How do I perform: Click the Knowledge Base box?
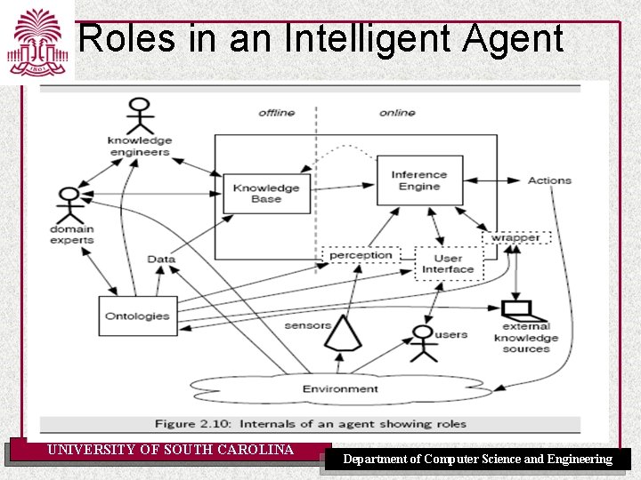pyautogui.click(x=266, y=193)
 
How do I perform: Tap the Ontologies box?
pyautogui.click(x=137, y=316)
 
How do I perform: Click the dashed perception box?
pyautogui.click(x=361, y=256)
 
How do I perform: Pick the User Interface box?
pyautogui.click(x=448, y=264)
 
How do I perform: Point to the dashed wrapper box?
pyautogui.click(x=515, y=237)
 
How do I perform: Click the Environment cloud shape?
pyautogui.click(x=339, y=388)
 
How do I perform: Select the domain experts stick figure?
pyautogui.click(x=70, y=205)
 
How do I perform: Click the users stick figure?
pyautogui.click(x=423, y=343)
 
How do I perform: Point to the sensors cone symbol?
pyautogui.click(x=343, y=334)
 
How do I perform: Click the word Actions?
pyautogui.click(x=548, y=180)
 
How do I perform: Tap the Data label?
pyautogui.click(x=161, y=260)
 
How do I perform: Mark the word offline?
pyautogui.click(x=276, y=113)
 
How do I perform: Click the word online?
pyautogui.click(x=397, y=113)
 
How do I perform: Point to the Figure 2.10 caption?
pyautogui.click(x=309, y=424)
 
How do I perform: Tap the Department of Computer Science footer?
pyautogui.click(x=477, y=460)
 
